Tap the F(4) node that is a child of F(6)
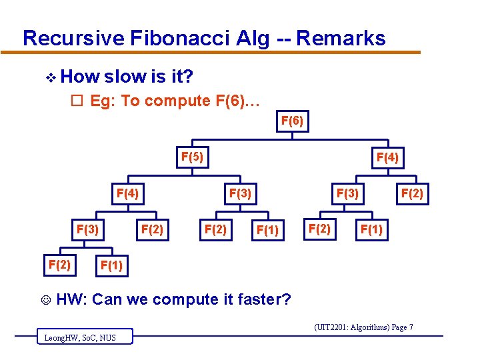(387, 158)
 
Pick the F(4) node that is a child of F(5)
(127, 194)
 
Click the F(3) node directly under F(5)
(239, 194)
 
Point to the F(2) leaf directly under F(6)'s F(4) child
(411, 194)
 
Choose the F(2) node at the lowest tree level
(59, 264)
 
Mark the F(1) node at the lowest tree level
(111, 267)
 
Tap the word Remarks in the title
(341, 38)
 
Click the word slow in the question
(126, 77)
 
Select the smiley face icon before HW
(45, 300)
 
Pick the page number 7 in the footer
(411, 327)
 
